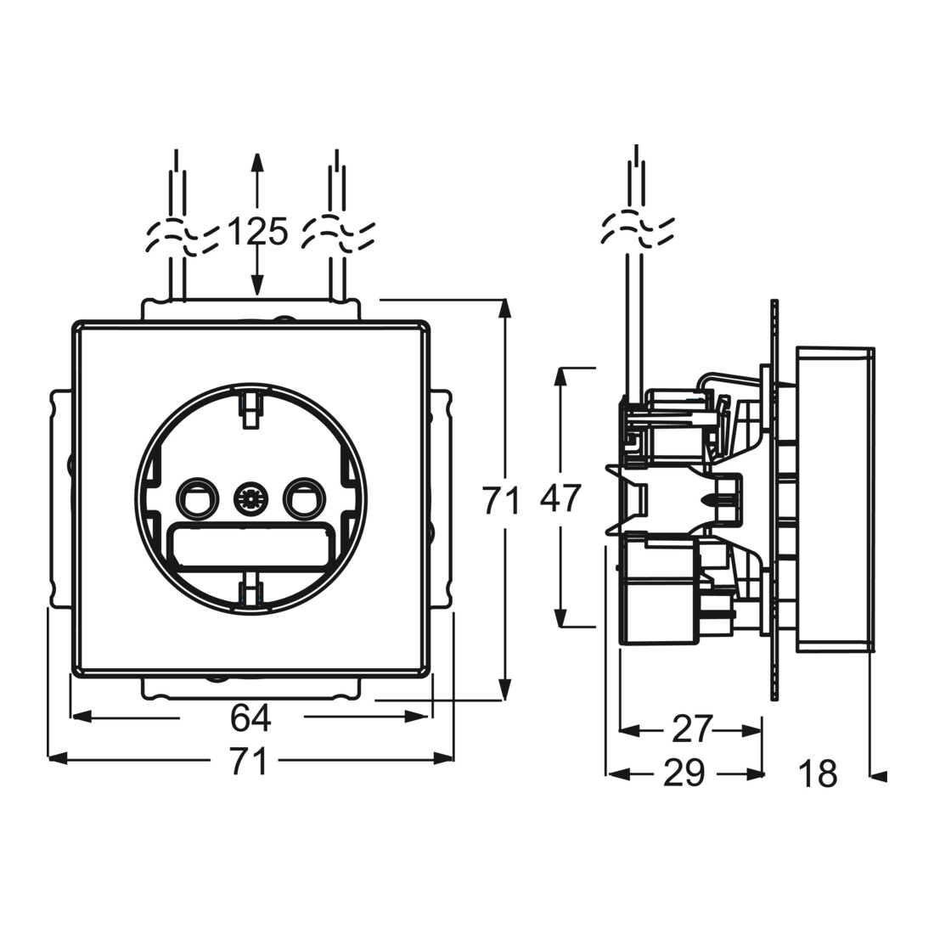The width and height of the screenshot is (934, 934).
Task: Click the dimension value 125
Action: point(258,232)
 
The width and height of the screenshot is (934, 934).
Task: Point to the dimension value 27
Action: point(692,729)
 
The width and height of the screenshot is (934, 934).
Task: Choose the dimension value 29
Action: point(684,774)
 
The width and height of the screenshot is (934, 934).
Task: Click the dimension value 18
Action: point(819,774)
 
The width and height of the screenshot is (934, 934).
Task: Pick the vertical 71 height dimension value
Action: point(501,500)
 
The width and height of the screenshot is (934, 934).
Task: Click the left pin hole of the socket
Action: point(197,496)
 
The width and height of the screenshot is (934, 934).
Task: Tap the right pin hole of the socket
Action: point(304,496)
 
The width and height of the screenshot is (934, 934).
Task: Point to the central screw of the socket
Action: point(250,497)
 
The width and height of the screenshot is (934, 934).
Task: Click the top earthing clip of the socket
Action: point(250,408)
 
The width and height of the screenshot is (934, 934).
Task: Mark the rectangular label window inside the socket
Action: point(250,544)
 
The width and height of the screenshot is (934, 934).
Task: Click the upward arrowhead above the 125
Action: point(256,163)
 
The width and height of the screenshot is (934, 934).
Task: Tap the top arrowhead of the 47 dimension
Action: point(561,379)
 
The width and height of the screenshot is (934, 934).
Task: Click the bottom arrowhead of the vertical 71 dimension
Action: point(505,689)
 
